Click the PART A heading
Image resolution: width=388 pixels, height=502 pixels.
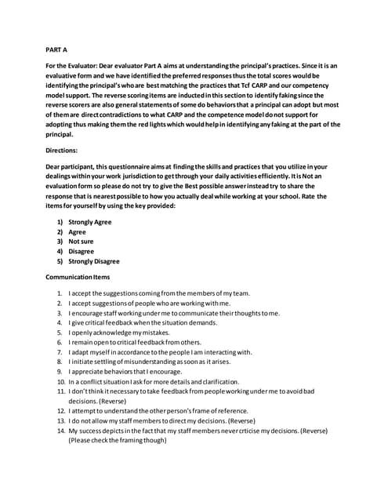coord(56,49)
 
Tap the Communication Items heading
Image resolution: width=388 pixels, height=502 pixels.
coord(78,278)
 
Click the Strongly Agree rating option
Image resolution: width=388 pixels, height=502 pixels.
coord(89,223)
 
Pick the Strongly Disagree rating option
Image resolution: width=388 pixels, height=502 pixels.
coord(94,261)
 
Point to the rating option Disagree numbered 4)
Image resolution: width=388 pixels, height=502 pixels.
coord(82,252)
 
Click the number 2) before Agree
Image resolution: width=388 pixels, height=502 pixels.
coord(59,232)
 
